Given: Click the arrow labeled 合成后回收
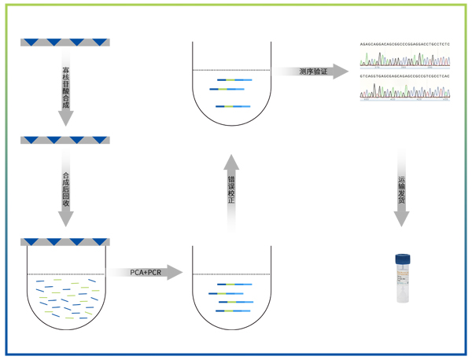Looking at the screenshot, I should [x=66, y=189].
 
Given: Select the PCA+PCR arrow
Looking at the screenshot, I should [x=146, y=272].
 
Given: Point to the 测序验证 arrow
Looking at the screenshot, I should [x=313, y=72].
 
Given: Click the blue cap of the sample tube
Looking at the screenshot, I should [x=402, y=258].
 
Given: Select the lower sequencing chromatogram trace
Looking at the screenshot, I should [x=405, y=91].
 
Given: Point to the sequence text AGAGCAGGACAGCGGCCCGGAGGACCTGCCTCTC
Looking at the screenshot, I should [x=405, y=45].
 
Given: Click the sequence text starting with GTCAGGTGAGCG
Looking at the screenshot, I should [x=405, y=76].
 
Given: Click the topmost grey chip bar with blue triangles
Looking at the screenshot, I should [x=65, y=42].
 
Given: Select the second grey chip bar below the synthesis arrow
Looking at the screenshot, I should [x=65, y=140].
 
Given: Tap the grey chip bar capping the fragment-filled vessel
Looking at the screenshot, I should [x=65, y=241].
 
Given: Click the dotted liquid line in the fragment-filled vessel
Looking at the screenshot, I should [x=66, y=274].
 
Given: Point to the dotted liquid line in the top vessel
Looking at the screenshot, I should [x=231, y=72].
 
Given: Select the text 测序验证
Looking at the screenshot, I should [x=312, y=72].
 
